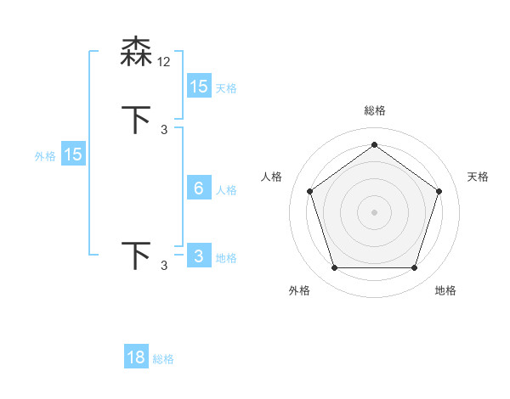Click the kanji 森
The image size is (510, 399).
click(137, 52)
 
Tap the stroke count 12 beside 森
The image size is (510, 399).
click(164, 61)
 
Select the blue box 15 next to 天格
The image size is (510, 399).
click(199, 87)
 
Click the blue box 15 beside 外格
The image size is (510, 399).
click(73, 155)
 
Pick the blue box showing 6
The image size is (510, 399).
click(199, 188)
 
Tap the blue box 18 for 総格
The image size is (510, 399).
click(136, 357)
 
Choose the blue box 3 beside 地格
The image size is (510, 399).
click(199, 256)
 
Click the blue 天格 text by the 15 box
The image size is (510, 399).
click(226, 88)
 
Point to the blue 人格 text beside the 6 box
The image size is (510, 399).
click(226, 190)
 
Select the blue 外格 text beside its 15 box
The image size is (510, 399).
click(45, 156)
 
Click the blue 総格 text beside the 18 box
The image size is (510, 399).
click(163, 359)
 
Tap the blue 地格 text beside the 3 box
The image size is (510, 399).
click(226, 258)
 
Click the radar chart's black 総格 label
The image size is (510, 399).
click(374, 110)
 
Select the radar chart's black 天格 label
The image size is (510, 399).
click(478, 177)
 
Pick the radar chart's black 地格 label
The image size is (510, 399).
click(445, 290)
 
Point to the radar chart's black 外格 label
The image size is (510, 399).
click(299, 290)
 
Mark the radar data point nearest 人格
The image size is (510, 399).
click(309, 191)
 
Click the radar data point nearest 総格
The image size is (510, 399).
click(374, 144)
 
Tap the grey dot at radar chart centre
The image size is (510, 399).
click(374, 211)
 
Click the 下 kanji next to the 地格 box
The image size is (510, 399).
click(137, 256)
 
